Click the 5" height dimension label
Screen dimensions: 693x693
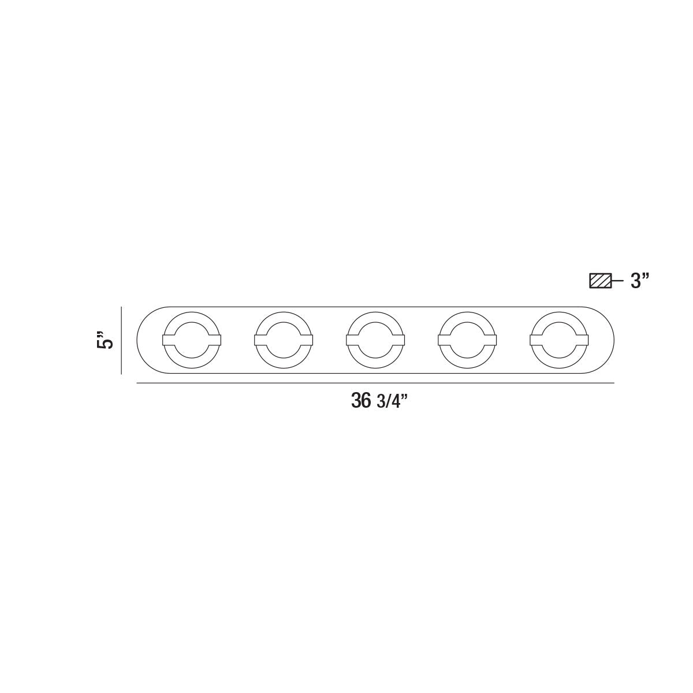click(x=106, y=340)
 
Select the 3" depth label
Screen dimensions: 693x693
click(x=640, y=281)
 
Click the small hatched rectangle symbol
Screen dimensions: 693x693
click(x=600, y=281)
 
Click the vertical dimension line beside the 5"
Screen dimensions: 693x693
click(x=121, y=340)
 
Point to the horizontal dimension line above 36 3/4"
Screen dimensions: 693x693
click(x=375, y=383)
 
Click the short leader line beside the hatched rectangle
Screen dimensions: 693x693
click(x=617, y=281)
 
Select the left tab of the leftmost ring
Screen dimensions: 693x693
click(x=169, y=340)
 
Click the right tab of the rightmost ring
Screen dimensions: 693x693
click(x=583, y=340)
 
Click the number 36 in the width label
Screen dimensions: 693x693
click(x=361, y=401)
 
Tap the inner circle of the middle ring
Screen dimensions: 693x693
click(x=375, y=340)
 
